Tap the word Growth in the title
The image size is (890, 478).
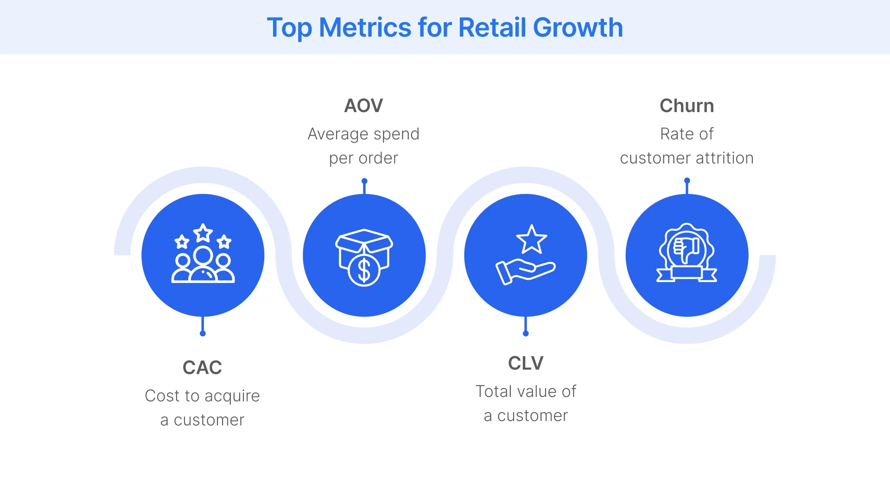coord(578,27)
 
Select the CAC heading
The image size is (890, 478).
coord(202,367)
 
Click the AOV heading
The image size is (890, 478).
coord(363,106)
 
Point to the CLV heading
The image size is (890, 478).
coord(525,363)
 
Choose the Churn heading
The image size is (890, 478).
coord(687,106)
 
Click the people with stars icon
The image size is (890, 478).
coord(203,254)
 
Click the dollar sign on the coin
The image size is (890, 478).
coord(364,270)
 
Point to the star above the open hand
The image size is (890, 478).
coord(532,239)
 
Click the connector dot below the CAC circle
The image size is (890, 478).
coord(203,333)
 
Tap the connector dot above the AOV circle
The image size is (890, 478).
coord(364,181)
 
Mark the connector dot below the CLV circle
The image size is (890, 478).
coord(526,333)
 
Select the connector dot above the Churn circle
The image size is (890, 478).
coord(687,181)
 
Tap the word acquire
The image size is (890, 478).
coord(232,396)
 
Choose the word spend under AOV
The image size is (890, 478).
coord(396,134)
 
